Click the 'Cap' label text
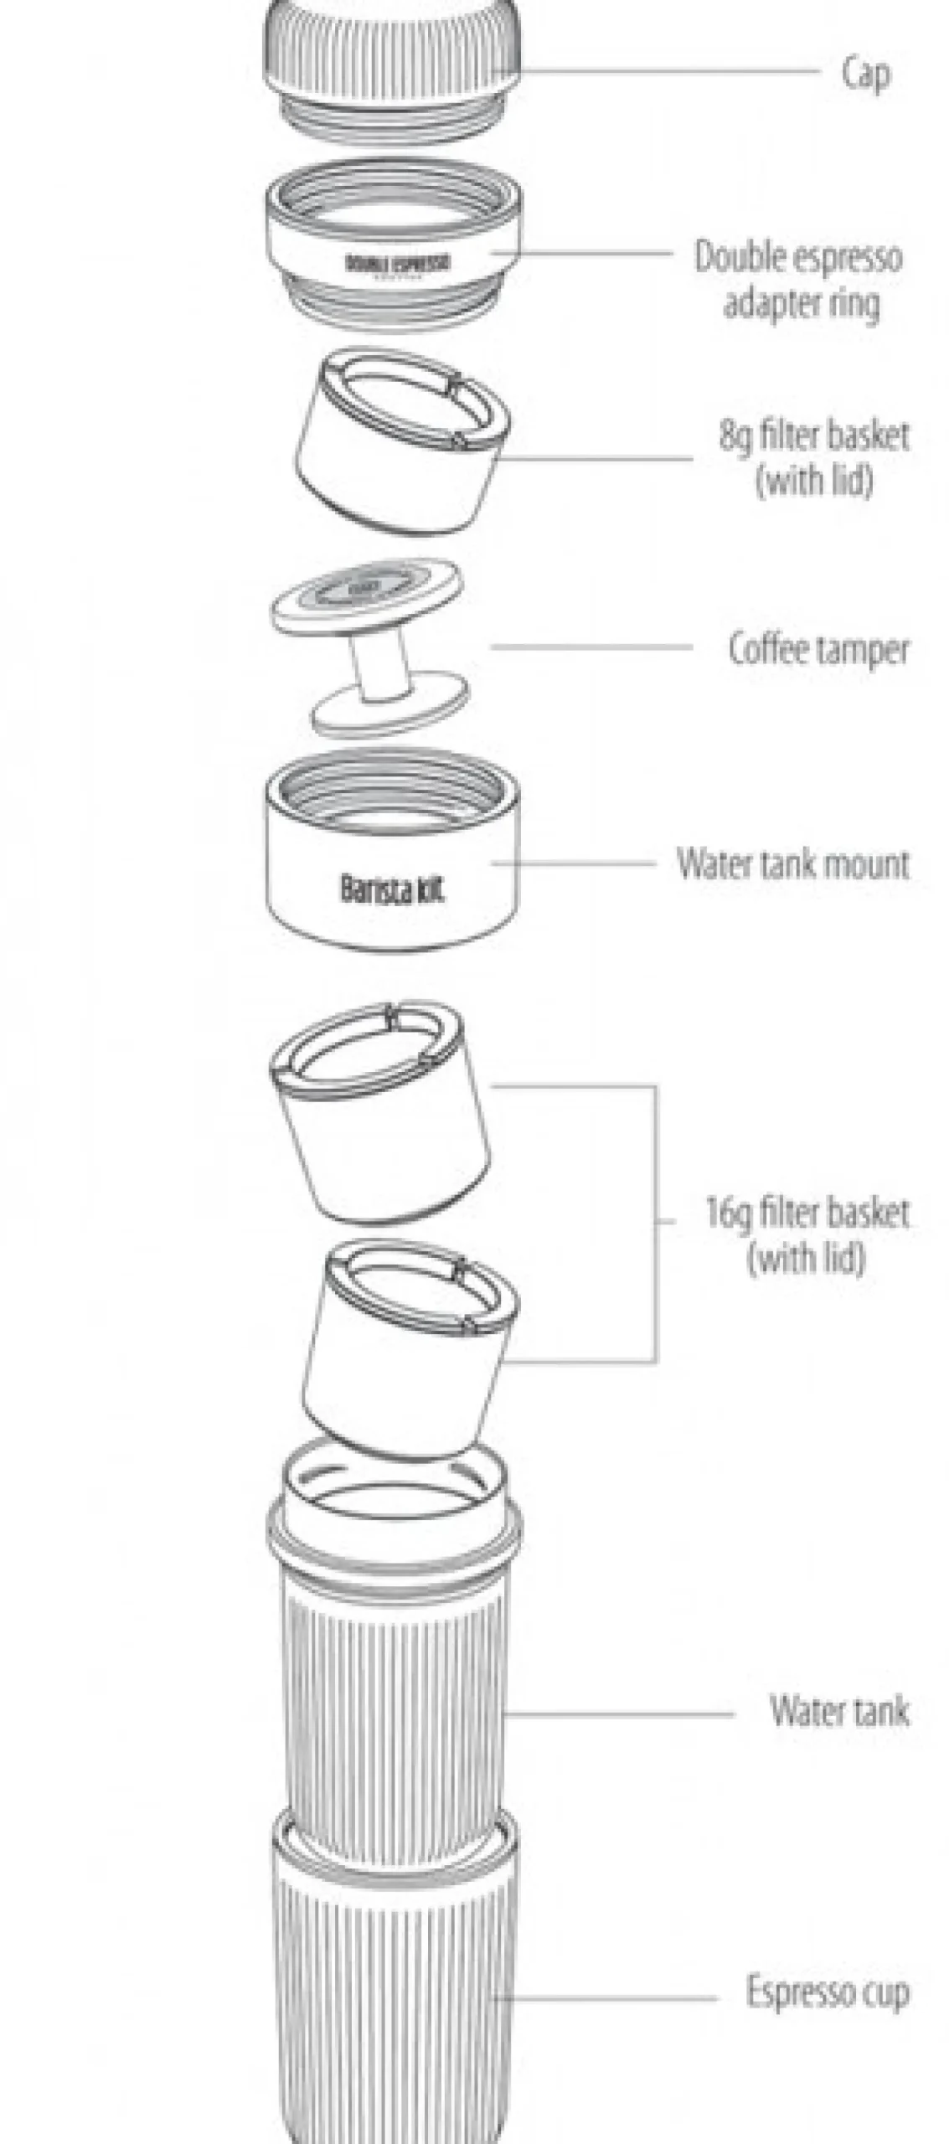click(865, 74)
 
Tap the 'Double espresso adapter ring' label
click(799, 280)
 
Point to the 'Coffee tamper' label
click(818, 650)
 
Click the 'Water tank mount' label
click(792, 863)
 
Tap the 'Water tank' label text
click(839, 1710)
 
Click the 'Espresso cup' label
click(828, 1991)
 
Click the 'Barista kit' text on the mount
click(391, 889)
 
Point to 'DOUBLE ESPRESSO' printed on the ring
click(398, 263)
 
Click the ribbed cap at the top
click(392, 50)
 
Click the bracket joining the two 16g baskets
click(656, 1223)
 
